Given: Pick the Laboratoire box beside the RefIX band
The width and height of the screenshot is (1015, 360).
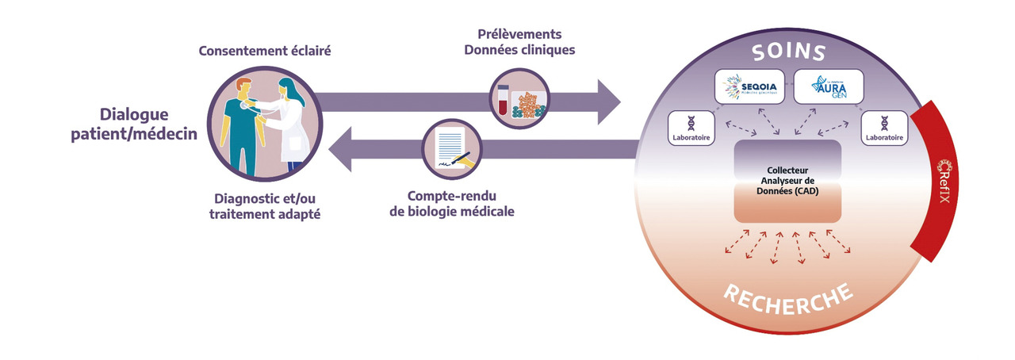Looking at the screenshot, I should pyautogui.click(x=883, y=127).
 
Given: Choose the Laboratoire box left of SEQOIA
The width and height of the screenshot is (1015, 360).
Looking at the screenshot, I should pyautogui.click(x=689, y=127).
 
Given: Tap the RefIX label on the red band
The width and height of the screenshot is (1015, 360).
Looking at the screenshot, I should pyautogui.click(x=944, y=183).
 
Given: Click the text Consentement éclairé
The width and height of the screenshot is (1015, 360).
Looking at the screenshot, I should pyautogui.click(x=264, y=52).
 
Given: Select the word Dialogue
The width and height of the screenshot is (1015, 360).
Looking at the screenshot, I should pyautogui.click(x=134, y=114).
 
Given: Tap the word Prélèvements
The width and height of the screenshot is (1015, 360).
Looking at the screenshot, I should pyautogui.click(x=520, y=34).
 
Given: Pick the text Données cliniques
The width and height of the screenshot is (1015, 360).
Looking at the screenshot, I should pyautogui.click(x=520, y=50).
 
